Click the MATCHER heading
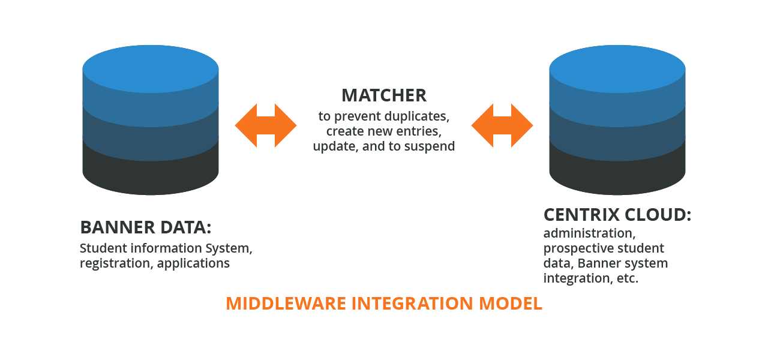[384, 95]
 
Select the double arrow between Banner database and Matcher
[266, 125]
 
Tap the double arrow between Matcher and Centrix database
[502, 125]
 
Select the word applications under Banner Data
[193, 263]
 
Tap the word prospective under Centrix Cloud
[578, 248]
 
